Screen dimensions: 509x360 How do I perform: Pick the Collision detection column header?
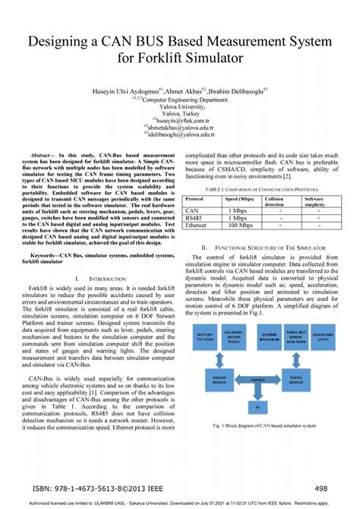[x=279, y=202]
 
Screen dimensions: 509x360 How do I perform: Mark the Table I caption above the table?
[x=264, y=188]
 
